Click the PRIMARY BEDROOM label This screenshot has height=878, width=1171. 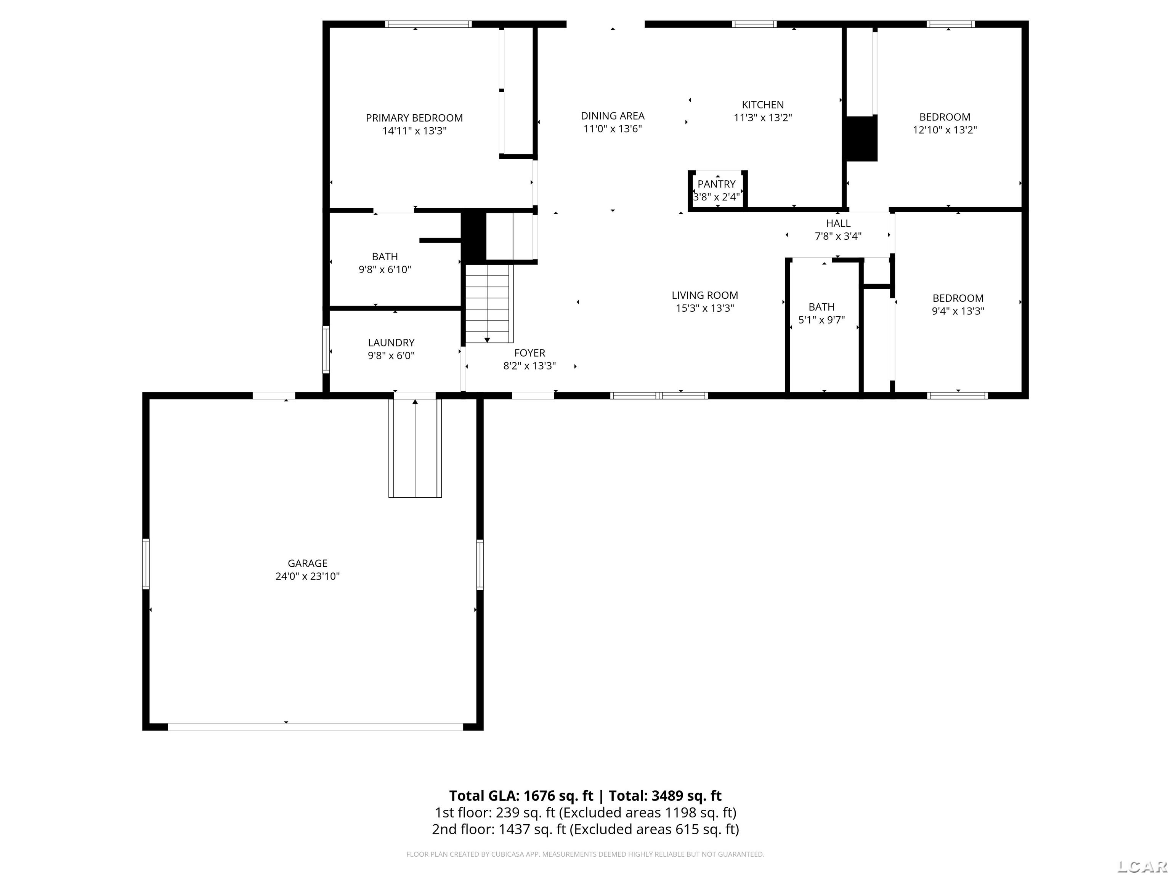point(414,118)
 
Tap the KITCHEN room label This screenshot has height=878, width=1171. point(762,105)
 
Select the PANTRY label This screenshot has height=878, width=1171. point(716,184)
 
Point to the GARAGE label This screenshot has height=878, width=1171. point(308,563)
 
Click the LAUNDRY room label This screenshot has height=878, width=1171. point(391,343)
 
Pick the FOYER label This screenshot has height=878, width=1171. point(529,353)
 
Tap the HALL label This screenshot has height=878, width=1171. point(838,223)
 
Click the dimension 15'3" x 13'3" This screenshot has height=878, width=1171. point(704,308)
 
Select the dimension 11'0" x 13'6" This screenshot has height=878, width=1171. point(613,128)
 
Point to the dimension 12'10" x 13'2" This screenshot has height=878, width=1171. point(945,130)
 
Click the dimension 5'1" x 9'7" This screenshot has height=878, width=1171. point(821,320)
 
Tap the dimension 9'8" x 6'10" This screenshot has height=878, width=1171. point(385,269)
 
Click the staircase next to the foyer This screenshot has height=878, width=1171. point(487,304)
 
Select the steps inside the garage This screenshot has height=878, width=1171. point(415,448)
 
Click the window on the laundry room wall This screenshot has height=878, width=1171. point(326,350)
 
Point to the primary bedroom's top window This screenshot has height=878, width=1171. point(428,24)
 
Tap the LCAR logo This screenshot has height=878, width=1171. point(1142,866)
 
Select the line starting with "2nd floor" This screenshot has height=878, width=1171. point(585,829)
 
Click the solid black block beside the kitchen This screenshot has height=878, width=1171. point(860,138)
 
